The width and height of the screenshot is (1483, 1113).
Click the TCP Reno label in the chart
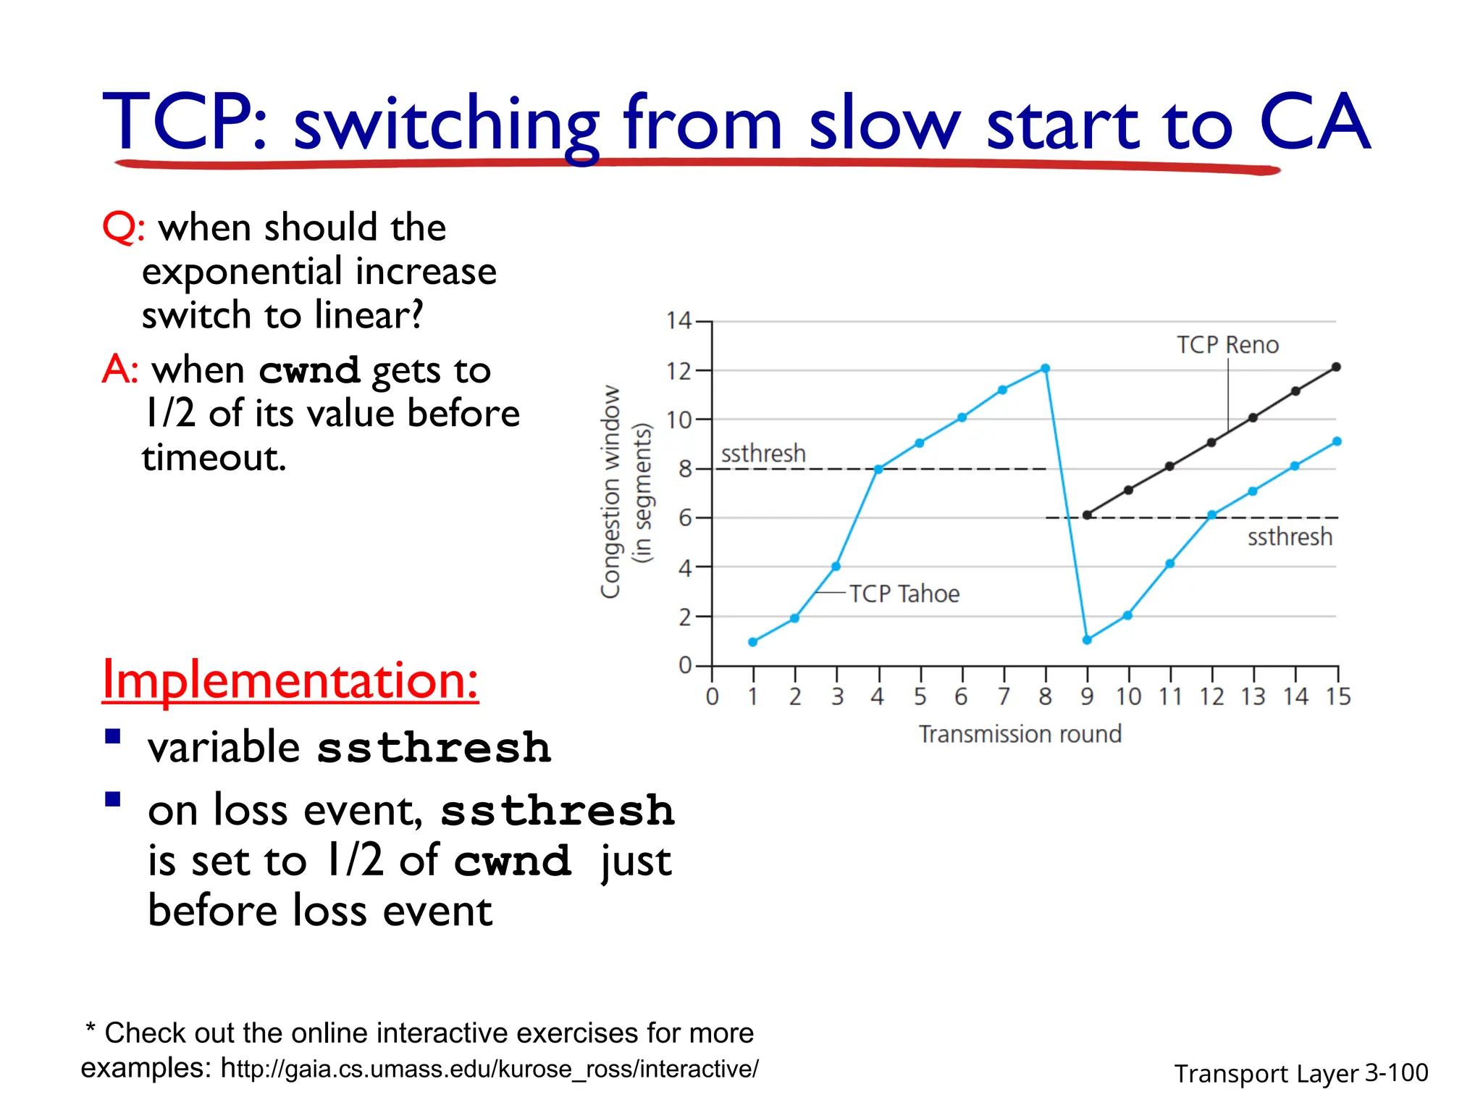1227,345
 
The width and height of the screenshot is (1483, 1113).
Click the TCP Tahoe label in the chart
904,594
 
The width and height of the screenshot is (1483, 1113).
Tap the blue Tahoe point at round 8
1045,369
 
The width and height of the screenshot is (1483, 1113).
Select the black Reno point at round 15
1336,367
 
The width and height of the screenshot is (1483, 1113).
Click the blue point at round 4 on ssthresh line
878,470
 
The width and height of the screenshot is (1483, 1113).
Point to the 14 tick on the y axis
679,321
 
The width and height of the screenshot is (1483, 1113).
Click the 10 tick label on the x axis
1128,697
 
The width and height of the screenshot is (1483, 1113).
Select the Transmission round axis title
1020,734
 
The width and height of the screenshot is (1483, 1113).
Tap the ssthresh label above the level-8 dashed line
763,454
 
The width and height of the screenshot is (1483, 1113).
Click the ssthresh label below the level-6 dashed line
1290,537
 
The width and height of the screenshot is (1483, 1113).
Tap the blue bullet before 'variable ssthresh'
113,737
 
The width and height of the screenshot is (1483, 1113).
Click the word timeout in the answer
214,458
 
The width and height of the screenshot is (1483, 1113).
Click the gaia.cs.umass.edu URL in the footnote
490,1069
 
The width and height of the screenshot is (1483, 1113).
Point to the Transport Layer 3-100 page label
1301,1073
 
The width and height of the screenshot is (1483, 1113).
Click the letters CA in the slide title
1314,123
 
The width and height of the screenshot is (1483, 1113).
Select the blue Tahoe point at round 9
1087,640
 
